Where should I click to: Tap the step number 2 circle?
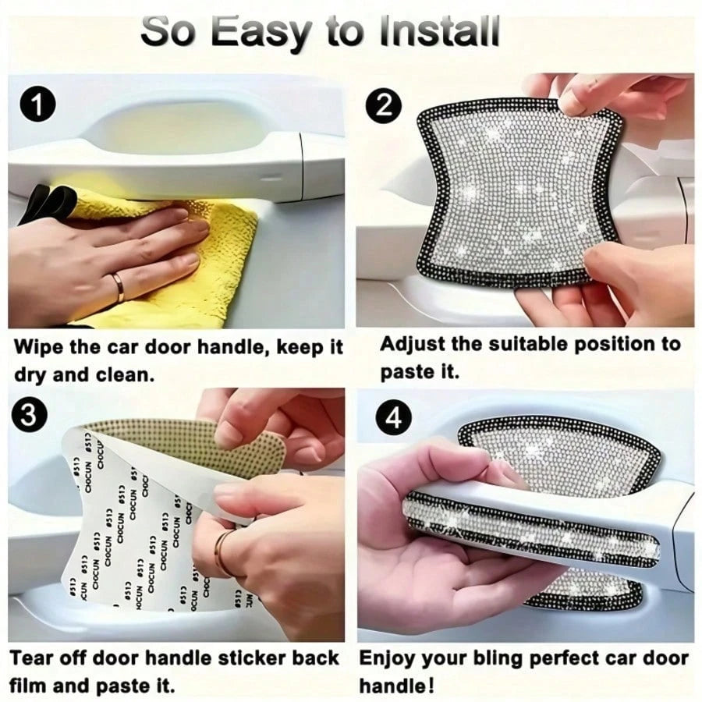point(384,107)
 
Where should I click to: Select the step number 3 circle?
point(29,415)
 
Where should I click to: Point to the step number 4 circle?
point(394,418)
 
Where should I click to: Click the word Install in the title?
point(439,31)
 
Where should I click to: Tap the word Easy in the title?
point(261,34)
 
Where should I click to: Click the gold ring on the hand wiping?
point(119,287)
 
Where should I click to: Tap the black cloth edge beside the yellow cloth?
point(46,204)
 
